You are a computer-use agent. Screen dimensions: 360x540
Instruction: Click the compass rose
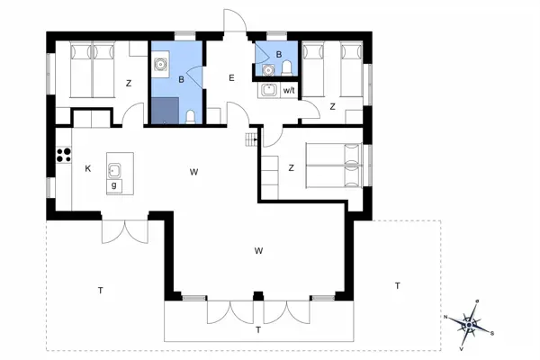pos(472,322)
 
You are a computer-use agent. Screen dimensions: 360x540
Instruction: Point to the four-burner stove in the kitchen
pos(64,154)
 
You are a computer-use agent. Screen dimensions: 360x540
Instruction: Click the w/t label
pos(290,91)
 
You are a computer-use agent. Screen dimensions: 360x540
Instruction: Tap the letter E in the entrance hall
pos(231,79)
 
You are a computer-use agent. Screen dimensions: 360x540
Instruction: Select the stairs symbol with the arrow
pos(251,139)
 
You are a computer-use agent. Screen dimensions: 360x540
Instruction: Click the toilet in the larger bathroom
pos(191,116)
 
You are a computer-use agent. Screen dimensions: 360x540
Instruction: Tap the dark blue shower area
pos(164,111)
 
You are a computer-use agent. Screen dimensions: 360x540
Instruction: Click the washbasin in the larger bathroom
pos(162,65)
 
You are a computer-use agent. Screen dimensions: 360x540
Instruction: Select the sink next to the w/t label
pos(268,89)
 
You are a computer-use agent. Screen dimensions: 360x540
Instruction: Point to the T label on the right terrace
pos(396,285)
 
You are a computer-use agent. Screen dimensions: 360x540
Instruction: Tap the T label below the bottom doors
pos(258,330)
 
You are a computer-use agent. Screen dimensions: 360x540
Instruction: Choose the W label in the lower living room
pos(258,249)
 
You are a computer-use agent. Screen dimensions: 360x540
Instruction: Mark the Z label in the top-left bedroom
pos(129,84)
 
